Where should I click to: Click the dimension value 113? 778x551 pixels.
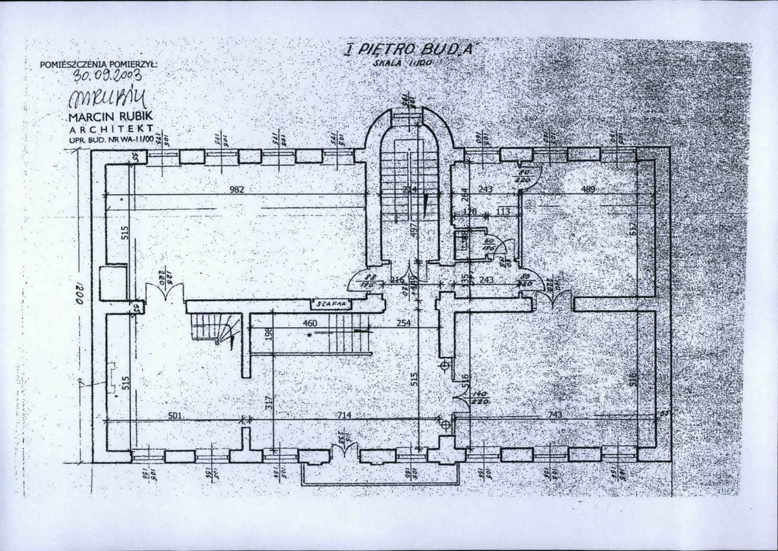click(x=503, y=212)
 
